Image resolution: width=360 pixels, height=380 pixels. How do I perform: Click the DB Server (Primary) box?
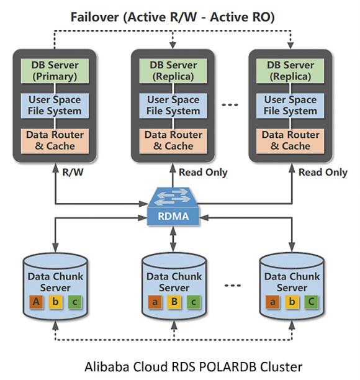[55, 71]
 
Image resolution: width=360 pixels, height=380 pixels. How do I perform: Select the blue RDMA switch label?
[173, 216]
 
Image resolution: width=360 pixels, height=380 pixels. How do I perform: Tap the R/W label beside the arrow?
[73, 173]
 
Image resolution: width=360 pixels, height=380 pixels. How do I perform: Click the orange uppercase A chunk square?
[36, 302]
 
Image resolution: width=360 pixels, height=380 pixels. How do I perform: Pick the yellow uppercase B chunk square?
[174, 302]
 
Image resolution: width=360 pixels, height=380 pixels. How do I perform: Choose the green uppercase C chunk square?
[311, 302]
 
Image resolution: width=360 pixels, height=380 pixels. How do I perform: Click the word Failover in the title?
[95, 17]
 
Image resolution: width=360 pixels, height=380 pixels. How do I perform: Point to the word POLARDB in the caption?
[227, 366]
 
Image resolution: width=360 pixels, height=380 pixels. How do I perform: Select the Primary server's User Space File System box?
[55, 106]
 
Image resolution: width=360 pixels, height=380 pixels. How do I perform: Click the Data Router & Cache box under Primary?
[55, 141]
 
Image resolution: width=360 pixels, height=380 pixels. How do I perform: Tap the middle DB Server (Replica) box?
[173, 71]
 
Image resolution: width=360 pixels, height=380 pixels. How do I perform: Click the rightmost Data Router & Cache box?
[290, 141]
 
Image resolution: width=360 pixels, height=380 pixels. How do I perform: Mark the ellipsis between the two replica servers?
[230, 105]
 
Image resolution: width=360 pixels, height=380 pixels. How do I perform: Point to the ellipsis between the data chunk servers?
[233, 285]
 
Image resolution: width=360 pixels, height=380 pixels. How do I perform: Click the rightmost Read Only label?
[323, 173]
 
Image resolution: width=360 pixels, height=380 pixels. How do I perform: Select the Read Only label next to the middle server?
[203, 173]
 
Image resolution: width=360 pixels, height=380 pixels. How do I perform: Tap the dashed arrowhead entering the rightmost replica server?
[290, 45]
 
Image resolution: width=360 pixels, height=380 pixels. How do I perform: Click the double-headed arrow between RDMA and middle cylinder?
[173, 239]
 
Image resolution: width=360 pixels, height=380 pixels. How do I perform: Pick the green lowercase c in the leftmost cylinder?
[75, 302]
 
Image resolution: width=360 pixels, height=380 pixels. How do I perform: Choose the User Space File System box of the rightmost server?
[290, 106]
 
